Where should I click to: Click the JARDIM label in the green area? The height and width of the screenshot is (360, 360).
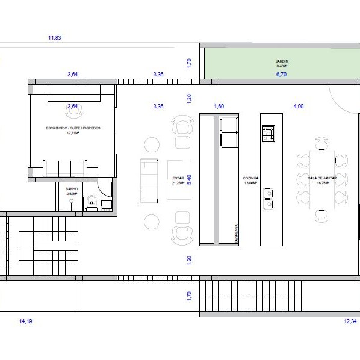click(x=282, y=61)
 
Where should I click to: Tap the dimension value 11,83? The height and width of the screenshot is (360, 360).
click(x=55, y=38)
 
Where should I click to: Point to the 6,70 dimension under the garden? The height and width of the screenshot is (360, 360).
click(x=282, y=75)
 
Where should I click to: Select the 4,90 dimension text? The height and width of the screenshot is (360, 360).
click(x=298, y=107)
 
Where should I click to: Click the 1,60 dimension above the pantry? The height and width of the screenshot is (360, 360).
click(x=219, y=107)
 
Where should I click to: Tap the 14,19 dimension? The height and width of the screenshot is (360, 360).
click(x=26, y=322)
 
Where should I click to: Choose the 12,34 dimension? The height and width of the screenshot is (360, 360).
click(x=350, y=322)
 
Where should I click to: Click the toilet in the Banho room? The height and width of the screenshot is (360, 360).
click(x=92, y=202)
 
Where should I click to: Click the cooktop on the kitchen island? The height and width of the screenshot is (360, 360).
click(x=268, y=134)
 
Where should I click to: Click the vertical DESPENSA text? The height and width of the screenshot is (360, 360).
click(x=237, y=232)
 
